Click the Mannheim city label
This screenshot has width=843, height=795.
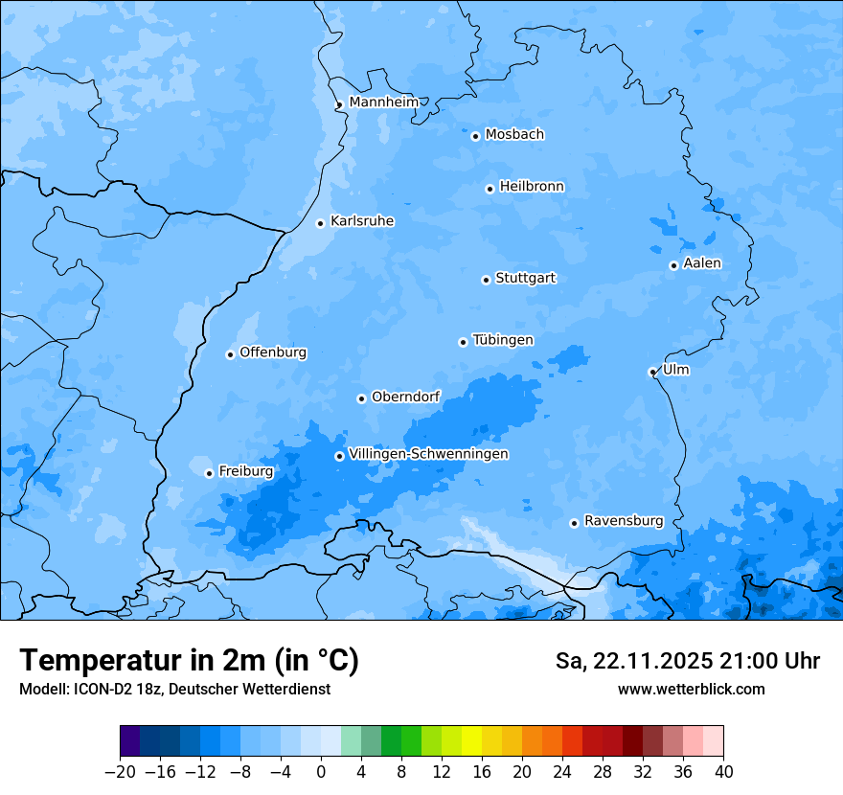[383, 102]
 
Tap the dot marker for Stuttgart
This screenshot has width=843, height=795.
[486, 280]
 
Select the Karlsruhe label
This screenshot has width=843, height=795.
[362, 221]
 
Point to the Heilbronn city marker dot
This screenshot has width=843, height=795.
[490, 189]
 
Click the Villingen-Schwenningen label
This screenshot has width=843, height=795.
[428, 454]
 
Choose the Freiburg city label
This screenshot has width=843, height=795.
[245, 471]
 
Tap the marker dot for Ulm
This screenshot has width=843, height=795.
[652, 372]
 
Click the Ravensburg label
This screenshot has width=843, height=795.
[624, 521]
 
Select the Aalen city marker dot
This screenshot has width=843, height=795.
[673, 265]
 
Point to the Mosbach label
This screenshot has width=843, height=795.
[514, 135]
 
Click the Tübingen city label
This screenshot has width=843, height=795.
[503, 340]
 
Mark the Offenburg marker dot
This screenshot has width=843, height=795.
[230, 354]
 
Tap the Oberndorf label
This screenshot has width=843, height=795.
[405, 397]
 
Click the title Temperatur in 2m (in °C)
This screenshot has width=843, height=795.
[189, 661]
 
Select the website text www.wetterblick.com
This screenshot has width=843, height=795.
[691, 689]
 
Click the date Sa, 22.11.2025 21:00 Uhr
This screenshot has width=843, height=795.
[687, 661]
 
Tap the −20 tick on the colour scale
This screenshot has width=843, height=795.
[120, 772]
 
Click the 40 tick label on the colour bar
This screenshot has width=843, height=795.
[723, 772]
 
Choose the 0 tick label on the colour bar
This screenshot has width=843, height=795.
[321, 772]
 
